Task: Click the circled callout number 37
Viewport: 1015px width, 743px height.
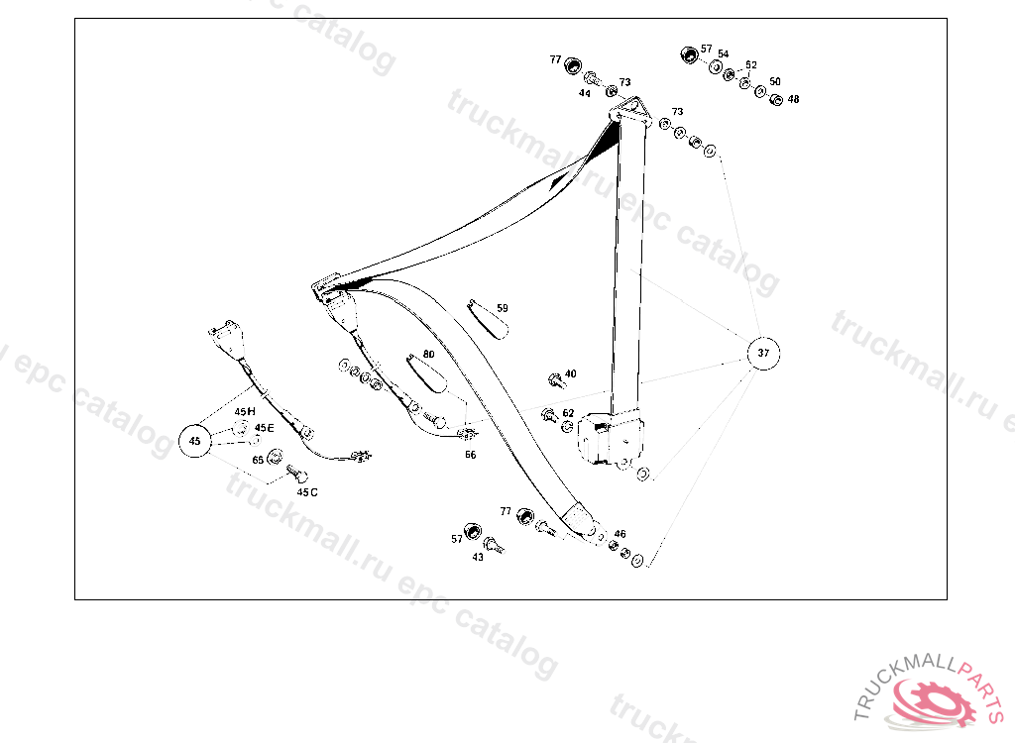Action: (x=762, y=352)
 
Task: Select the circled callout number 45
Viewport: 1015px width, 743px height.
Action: (x=195, y=440)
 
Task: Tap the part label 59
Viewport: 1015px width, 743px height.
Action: (x=503, y=308)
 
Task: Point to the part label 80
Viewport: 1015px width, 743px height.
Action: (x=428, y=354)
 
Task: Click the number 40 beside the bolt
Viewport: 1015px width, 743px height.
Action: (x=570, y=373)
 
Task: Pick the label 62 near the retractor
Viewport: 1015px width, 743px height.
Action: (x=568, y=413)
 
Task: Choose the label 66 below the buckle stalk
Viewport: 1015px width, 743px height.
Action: (x=470, y=455)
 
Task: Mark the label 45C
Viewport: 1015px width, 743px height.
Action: (x=307, y=491)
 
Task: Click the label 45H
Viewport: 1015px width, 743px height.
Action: (x=245, y=410)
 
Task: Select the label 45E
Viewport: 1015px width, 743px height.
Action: (x=264, y=428)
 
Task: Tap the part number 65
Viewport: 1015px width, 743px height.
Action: (x=258, y=460)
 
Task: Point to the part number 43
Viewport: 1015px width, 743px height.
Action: (x=478, y=557)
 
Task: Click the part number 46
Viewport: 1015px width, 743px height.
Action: (x=620, y=534)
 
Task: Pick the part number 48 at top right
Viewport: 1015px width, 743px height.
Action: (x=793, y=99)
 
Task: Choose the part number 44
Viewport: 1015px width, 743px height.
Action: (x=585, y=93)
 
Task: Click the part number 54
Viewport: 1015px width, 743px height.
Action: (x=724, y=53)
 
